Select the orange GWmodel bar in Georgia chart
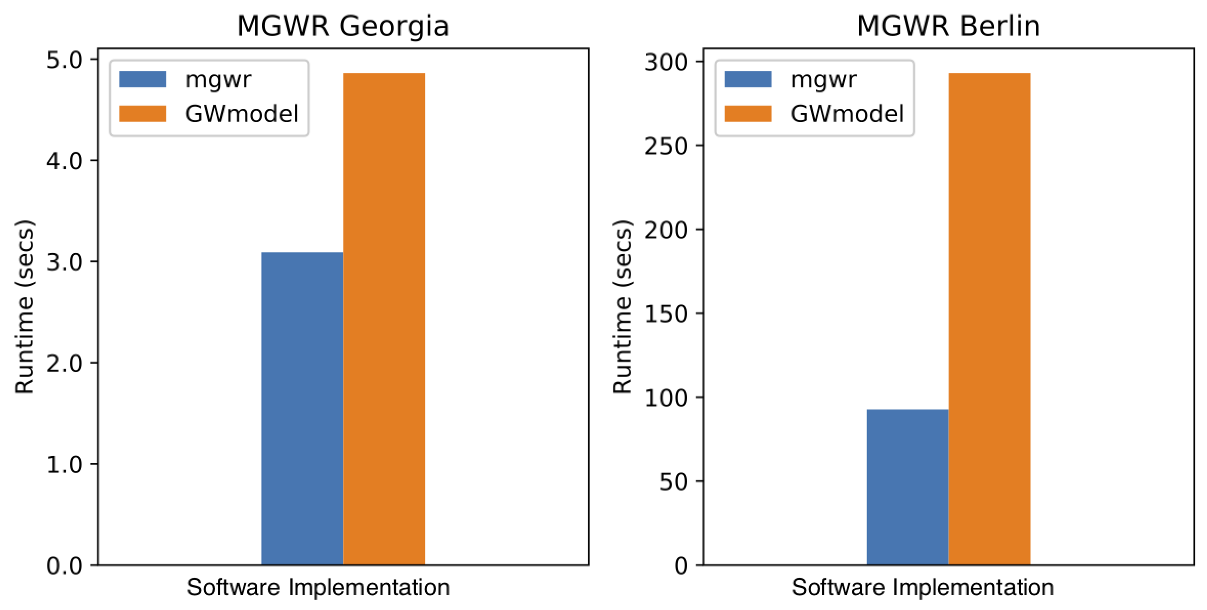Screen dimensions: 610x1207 coord(384,318)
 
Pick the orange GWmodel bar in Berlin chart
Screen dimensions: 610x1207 coord(989,318)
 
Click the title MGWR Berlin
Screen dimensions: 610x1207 coord(948,26)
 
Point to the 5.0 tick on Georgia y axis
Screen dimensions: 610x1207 coord(64,60)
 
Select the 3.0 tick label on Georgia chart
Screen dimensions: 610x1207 coord(64,262)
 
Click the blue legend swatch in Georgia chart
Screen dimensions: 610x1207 coord(142,79)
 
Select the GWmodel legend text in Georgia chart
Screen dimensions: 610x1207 coord(241,114)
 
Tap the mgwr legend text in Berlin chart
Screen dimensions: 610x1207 coord(823,79)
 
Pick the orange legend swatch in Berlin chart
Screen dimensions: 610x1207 coord(747,114)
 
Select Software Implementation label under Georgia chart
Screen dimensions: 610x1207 coord(318,587)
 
